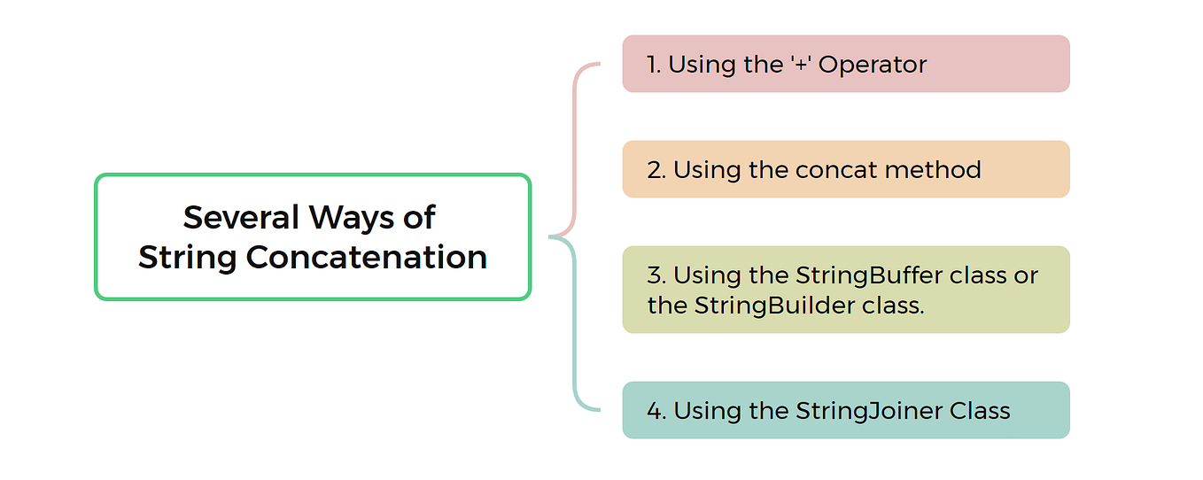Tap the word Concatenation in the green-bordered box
367,258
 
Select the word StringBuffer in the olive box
863,275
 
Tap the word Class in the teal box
981,411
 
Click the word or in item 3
1027,275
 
